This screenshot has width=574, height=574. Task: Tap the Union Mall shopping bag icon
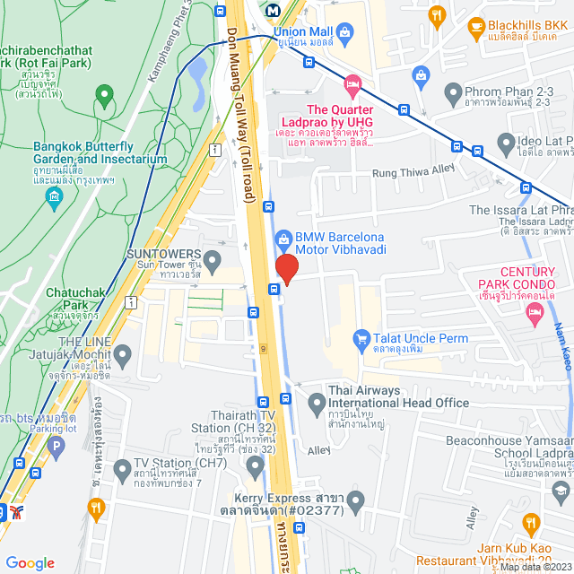(x=345, y=32)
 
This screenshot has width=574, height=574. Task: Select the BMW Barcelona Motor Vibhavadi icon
(x=282, y=239)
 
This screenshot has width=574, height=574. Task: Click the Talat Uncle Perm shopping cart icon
(x=361, y=338)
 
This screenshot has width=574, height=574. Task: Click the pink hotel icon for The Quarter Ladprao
(x=352, y=85)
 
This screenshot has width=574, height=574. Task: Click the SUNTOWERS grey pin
(x=213, y=263)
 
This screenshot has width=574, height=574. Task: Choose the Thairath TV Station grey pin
(x=256, y=465)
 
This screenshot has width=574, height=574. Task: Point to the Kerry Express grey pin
(x=357, y=502)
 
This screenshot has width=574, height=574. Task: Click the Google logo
(x=30, y=562)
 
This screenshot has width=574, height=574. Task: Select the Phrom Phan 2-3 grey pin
(x=453, y=92)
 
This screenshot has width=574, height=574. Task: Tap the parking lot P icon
(x=57, y=445)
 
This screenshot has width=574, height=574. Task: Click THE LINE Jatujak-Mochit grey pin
(x=123, y=358)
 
